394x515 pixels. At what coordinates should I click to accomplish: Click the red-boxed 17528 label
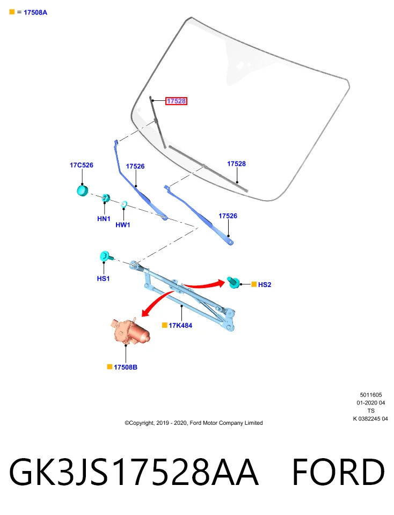point(176,101)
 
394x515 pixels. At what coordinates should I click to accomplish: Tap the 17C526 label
point(82,165)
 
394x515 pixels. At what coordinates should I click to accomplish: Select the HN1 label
point(104,219)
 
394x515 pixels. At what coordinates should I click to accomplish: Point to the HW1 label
point(123,225)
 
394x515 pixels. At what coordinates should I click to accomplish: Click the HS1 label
point(103,278)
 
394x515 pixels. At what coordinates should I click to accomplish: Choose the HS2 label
point(265,285)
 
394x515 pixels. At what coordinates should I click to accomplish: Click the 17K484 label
point(180,326)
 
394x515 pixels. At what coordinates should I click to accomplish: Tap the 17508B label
point(126,367)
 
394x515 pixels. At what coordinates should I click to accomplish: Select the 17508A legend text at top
point(35,12)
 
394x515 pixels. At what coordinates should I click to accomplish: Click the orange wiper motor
point(130,332)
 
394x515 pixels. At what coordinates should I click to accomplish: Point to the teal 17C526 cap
point(83,190)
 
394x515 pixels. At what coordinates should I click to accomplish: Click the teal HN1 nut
point(106,198)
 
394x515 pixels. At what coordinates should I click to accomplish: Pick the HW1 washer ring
point(124,204)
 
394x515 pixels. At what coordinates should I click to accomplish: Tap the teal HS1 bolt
point(106,256)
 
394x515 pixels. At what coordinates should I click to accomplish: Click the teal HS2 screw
point(234,283)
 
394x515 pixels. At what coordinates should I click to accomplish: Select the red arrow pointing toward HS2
point(205,285)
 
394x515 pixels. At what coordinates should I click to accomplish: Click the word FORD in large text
point(338,472)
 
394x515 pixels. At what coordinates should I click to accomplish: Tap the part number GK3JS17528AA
point(134,472)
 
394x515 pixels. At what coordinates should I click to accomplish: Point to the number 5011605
point(371,395)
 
